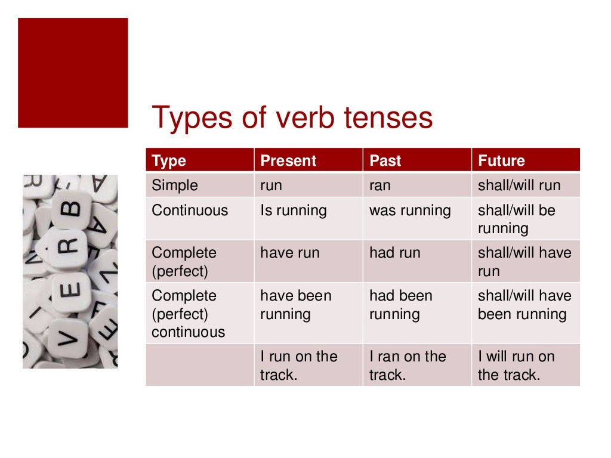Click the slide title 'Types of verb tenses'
[292, 117]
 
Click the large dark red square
[73, 73]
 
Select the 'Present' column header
[288, 161]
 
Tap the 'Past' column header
[385, 161]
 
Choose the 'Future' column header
[501, 161]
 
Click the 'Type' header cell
[169, 161]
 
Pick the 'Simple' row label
[174, 185]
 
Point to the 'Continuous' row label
[190, 211]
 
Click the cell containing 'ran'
[380, 185]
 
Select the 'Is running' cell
[294, 211]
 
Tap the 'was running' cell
[410, 211]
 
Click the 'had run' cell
[394, 253]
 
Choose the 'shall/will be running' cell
[516, 219]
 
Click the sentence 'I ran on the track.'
[408, 365]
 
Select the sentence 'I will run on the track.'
[516, 365]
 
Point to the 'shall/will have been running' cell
[524, 305]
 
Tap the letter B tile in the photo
[70, 210]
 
